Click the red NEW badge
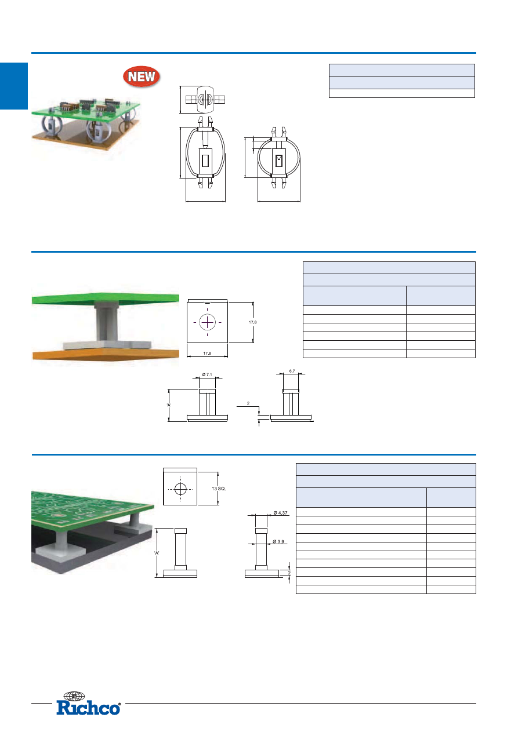(142, 77)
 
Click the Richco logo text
(89, 708)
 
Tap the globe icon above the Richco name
(74, 696)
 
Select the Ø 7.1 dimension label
(207, 374)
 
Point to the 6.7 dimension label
(292, 371)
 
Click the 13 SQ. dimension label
(219, 489)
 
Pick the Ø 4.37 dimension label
(281, 513)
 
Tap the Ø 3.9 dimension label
(278, 541)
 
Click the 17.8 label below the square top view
(207, 354)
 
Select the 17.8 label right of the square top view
(253, 322)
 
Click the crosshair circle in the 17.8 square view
(207, 323)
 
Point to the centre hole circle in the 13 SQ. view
(180, 489)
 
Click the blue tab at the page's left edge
(14, 86)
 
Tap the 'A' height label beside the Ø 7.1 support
(169, 405)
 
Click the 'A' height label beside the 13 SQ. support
(157, 553)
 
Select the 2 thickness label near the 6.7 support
(248, 403)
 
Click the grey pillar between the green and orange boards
(106, 322)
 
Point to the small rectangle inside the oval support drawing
(205, 161)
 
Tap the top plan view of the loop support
(205, 99)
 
